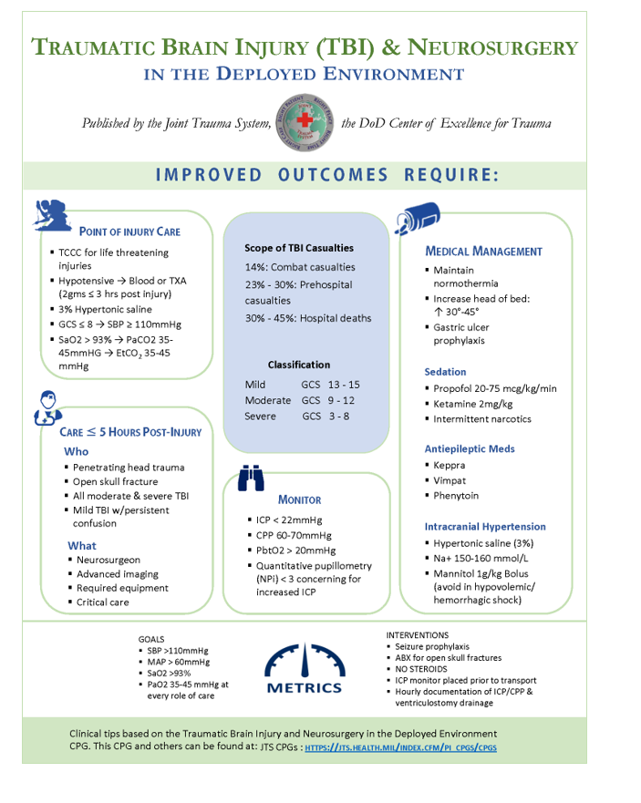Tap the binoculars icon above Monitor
pos(251,479)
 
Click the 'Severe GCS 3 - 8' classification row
pos(296,417)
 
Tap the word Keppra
pos(449,465)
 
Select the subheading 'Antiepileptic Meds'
pos(469,448)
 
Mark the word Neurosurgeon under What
pos(109,560)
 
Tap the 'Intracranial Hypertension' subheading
pos(485,527)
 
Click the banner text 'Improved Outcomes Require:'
pos(327,175)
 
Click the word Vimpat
pos(449,480)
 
